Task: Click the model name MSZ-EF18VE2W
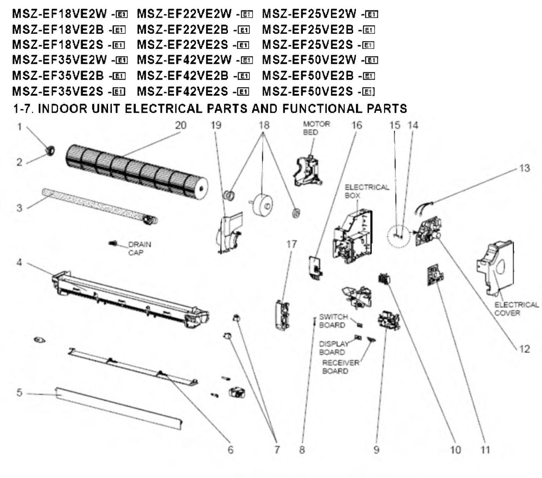click(x=59, y=14)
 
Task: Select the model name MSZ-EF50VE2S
click(x=307, y=92)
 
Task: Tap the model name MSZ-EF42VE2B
click(x=183, y=76)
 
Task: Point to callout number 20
click(x=180, y=125)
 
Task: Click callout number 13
click(x=524, y=168)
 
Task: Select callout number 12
click(x=524, y=349)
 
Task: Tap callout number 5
click(x=19, y=393)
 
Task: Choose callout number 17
click(x=291, y=244)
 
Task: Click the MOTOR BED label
click(x=316, y=128)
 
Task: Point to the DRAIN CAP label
click(x=139, y=248)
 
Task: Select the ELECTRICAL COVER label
click(x=516, y=309)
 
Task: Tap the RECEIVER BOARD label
click(x=340, y=367)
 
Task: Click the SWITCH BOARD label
click(x=333, y=321)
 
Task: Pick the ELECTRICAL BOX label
click(x=366, y=191)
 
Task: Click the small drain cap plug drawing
click(x=113, y=243)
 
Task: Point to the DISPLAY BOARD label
click(x=333, y=348)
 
